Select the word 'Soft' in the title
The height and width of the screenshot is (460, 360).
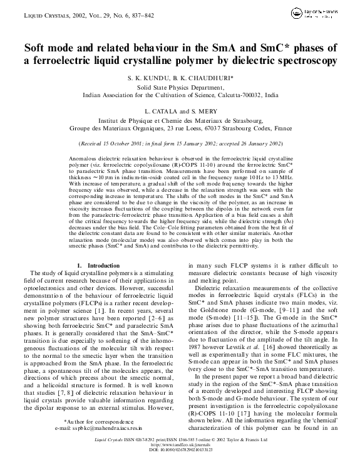pyautogui.click(x=36, y=48)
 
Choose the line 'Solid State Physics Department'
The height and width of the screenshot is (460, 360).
pyautogui.click(x=180, y=88)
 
